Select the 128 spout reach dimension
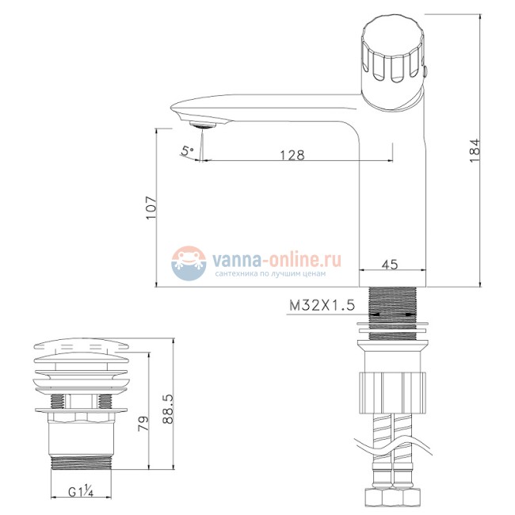point(293,154)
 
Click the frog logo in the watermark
point(189,261)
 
